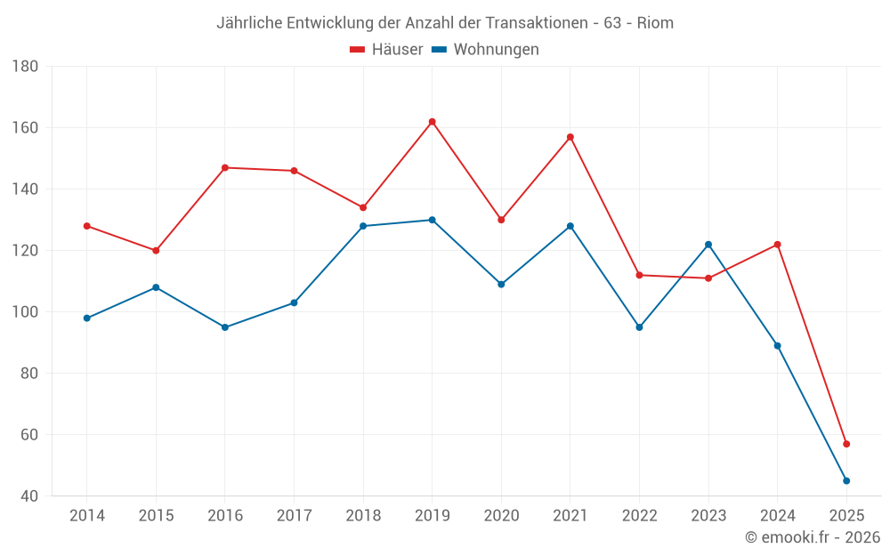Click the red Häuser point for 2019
pyautogui.click(x=432, y=122)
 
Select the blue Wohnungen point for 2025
pyautogui.click(x=846, y=480)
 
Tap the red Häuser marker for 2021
pyautogui.click(x=570, y=137)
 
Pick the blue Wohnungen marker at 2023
pyautogui.click(x=708, y=245)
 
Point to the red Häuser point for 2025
pyautogui.click(x=846, y=444)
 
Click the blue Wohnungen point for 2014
pyautogui.click(x=86, y=318)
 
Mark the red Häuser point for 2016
pyautogui.click(x=225, y=167)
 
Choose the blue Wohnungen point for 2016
pyautogui.click(x=225, y=327)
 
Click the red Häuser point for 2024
pyautogui.click(x=777, y=245)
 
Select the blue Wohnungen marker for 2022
pyautogui.click(x=639, y=327)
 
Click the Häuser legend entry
pyautogui.click(x=387, y=50)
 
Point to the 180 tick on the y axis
pyautogui.click(x=25, y=67)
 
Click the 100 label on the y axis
pyautogui.click(x=25, y=312)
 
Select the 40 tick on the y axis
pyautogui.click(x=28, y=496)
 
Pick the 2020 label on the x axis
pyautogui.click(x=501, y=516)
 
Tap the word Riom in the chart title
pyautogui.click(x=655, y=23)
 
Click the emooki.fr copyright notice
pyautogui.click(x=812, y=537)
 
